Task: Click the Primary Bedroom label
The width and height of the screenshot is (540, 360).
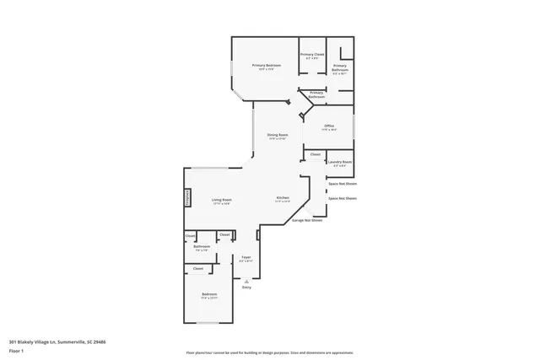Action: tap(266, 65)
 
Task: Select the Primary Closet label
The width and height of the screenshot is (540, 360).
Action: tap(312, 54)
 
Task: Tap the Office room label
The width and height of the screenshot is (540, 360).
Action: tap(329, 126)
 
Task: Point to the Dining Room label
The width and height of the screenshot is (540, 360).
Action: tap(278, 135)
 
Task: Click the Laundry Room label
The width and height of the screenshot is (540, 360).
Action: tap(340, 162)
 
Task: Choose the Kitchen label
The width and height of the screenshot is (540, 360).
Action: tap(283, 198)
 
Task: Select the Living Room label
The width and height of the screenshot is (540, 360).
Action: tap(222, 201)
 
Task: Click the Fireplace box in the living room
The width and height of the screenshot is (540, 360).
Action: tap(187, 196)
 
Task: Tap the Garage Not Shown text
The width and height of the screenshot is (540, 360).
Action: tap(307, 220)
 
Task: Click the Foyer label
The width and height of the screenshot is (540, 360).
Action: tap(246, 257)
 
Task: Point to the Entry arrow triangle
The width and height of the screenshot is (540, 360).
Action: tap(246, 281)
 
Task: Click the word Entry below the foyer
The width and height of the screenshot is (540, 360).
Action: tap(246, 287)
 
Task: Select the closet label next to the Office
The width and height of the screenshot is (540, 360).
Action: tap(315, 154)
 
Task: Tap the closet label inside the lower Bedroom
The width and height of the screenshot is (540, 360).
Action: tap(198, 269)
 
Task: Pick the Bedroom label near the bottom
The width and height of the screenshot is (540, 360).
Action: tap(209, 294)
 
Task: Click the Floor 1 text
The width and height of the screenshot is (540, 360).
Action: tap(16, 350)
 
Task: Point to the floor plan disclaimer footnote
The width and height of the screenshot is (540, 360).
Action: tap(270, 353)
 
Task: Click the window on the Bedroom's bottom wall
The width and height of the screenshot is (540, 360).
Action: tap(208, 322)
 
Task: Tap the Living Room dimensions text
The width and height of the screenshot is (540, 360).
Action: tap(222, 204)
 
